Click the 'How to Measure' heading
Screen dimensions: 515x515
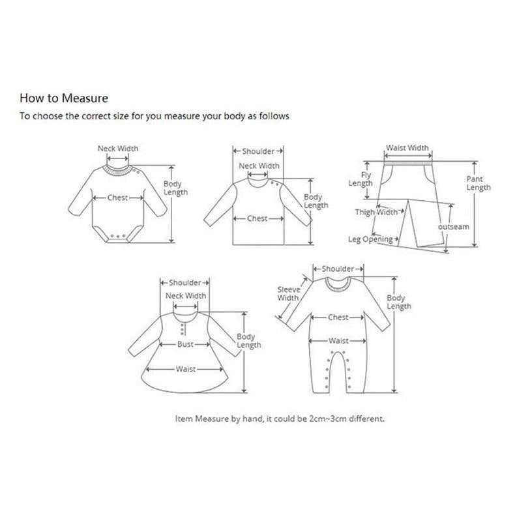pos(64,98)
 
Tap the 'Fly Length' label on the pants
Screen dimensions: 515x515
pos(360,179)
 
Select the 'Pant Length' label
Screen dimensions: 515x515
pos(478,183)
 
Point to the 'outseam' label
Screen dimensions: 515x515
pos(454,227)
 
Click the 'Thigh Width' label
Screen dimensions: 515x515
pos(376,212)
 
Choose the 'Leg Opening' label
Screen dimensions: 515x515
pos(370,239)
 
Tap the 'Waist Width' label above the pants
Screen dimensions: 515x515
pos(407,148)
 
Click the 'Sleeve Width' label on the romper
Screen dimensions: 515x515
pos(288,293)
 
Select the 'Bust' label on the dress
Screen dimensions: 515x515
pos(185,344)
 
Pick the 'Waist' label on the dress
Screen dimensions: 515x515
pos(186,369)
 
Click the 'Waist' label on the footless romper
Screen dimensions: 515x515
pos(338,340)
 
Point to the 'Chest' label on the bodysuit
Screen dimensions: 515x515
pos(117,198)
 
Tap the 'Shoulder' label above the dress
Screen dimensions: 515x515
pos(185,283)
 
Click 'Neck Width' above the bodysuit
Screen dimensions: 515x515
pos(118,149)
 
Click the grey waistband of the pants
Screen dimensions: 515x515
pos(408,163)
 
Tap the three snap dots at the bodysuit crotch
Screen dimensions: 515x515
pos(117,236)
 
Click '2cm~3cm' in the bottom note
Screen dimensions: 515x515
pos(328,419)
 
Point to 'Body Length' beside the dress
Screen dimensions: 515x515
pos(249,341)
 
